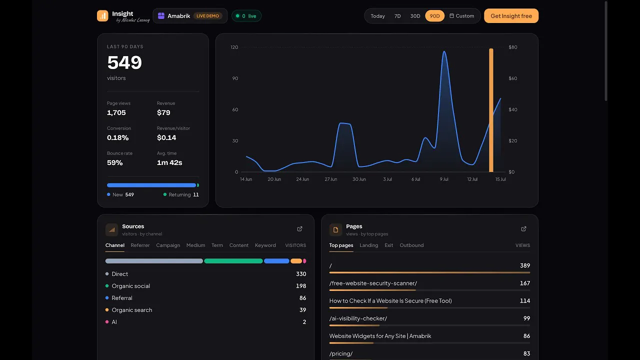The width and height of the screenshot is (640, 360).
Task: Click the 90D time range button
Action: coord(434,16)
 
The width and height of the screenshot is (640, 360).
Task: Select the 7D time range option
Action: coord(397,16)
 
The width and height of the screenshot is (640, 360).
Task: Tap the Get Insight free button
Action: coord(511,16)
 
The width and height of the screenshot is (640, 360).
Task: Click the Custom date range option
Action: coord(461,16)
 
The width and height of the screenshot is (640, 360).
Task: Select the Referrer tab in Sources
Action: coord(140,245)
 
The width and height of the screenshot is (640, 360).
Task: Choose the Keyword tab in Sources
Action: coord(265,245)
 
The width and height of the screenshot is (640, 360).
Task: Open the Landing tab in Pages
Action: coord(368,245)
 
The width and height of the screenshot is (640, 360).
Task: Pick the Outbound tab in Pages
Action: coord(411,245)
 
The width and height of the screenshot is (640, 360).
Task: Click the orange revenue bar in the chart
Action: coord(491,110)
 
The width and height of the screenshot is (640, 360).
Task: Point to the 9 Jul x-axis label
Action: coord(443,179)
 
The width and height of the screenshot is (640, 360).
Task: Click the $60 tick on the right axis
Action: coord(512,78)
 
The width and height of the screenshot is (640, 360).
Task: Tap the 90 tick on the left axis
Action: coord(235,78)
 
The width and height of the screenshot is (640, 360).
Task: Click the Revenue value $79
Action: coord(163,112)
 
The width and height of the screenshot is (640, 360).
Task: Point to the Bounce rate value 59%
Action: coord(114,162)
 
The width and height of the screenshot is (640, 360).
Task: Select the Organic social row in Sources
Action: coord(205,286)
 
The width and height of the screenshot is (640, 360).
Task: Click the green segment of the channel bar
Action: coord(233,261)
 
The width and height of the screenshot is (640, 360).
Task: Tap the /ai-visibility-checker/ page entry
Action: coord(358,318)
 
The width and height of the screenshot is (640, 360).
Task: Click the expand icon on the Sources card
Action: coord(299,229)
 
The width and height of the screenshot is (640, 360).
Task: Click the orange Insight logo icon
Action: coord(102,15)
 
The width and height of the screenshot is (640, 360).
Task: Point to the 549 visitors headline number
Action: coord(124,62)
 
